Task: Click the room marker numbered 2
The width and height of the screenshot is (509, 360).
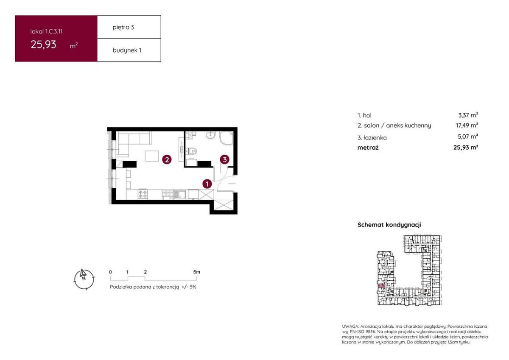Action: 167,160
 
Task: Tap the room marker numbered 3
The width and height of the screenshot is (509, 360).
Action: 224,159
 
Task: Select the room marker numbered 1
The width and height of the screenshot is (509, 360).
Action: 207,184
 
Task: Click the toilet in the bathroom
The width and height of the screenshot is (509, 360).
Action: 191,151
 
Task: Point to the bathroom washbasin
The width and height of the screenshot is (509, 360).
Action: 211,135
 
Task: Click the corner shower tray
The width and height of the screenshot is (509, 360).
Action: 226,138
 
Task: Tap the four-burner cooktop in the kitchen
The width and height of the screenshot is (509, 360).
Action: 143,194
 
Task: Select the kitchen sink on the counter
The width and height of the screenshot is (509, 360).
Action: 180,195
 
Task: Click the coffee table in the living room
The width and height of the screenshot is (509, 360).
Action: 152,156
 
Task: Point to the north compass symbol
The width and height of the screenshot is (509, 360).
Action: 84,279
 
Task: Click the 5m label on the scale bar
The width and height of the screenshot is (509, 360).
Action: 196,272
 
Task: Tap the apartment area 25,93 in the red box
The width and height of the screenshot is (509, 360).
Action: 43,45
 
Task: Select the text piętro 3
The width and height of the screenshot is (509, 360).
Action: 123,28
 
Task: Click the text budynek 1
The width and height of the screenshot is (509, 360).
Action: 127,50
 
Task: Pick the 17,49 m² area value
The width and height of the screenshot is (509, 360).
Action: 467,126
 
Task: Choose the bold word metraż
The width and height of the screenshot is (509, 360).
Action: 368,148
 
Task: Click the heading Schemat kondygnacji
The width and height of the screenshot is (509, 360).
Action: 389,225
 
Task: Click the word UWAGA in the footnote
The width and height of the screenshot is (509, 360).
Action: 350,327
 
